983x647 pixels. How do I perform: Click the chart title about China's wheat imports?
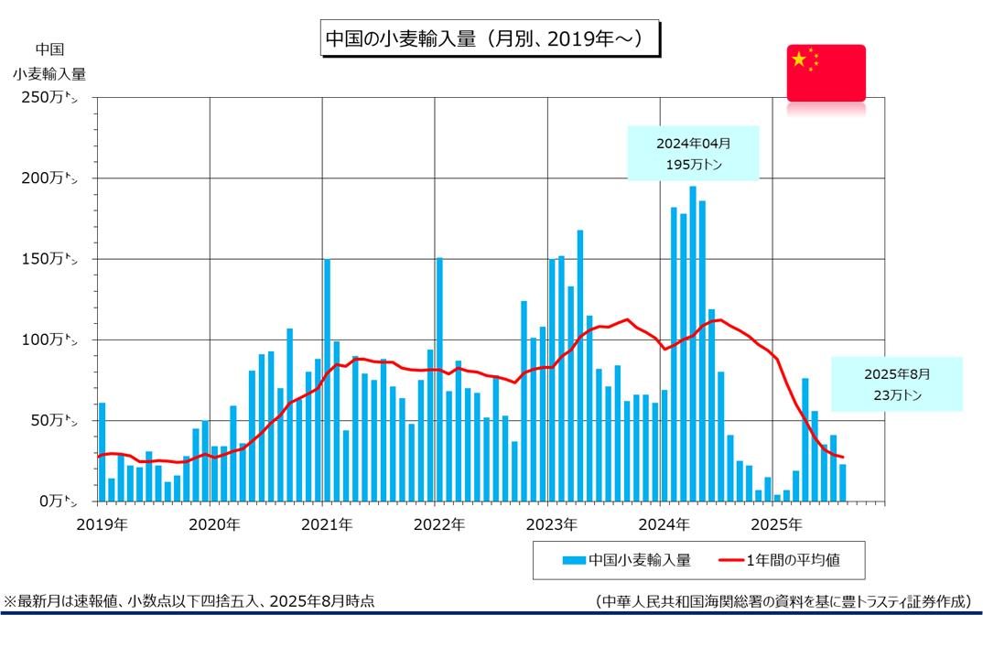pos(490,39)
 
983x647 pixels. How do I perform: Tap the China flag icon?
pos(826,72)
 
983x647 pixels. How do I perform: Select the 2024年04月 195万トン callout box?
pos(693,154)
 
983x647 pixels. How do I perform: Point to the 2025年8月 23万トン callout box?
pos(896,383)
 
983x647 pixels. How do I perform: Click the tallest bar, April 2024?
pos(693,343)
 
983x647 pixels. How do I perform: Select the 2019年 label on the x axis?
pos(102,525)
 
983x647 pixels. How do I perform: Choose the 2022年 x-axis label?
pos(439,525)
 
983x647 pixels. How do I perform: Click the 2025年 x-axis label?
pos(777,525)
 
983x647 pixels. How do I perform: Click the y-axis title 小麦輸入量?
pos(49,73)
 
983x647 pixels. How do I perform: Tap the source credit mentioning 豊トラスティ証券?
pos(782,601)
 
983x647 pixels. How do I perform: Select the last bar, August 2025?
pos(843,482)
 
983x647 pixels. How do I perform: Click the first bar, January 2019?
pos(102,452)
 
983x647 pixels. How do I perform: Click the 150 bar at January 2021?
pos(327,380)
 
